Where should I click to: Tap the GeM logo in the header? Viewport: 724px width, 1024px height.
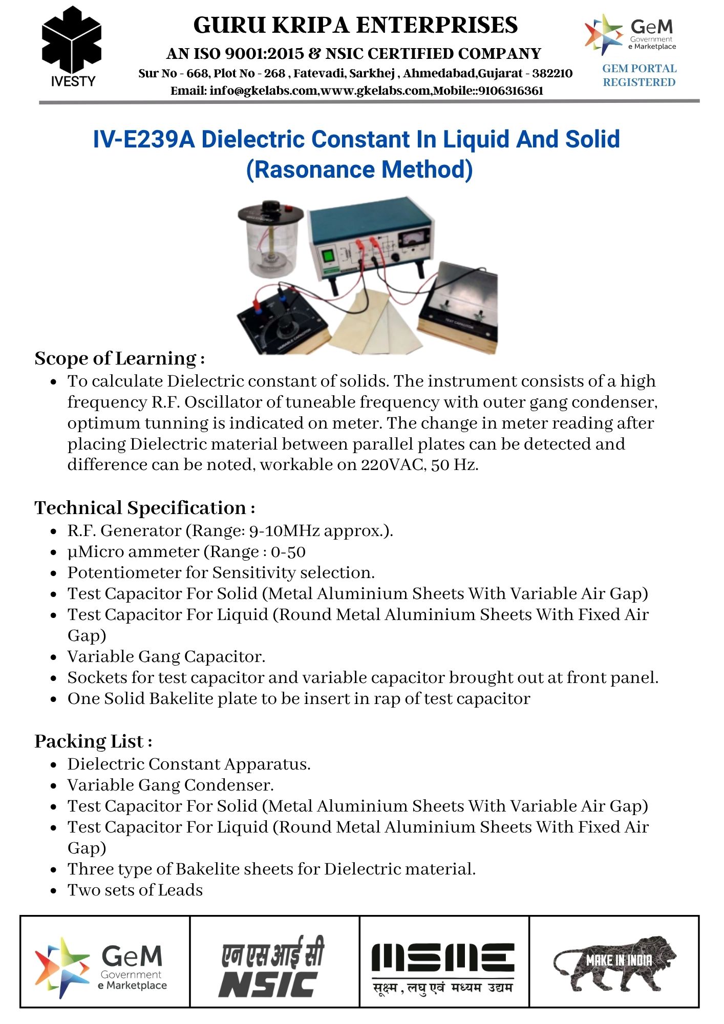pyautogui.click(x=631, y=35)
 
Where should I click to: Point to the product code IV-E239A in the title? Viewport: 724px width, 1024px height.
pyautogui.click(x=144, y=139)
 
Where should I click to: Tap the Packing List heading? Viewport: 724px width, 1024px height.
pyautogui.click(x=93, y=741)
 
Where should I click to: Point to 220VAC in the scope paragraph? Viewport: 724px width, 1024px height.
pyautogui.click(x=392, y=465)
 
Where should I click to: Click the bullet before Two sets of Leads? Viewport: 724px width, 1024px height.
pyautogui.click(x=53, y=891)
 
